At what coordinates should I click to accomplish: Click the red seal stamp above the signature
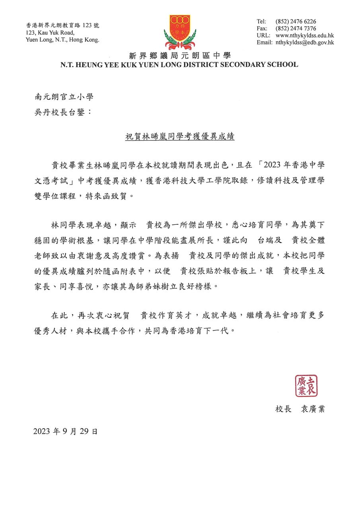click(306, 385)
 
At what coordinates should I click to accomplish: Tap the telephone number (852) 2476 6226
click(296, 21)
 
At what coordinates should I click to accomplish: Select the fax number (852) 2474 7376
click(296, 28)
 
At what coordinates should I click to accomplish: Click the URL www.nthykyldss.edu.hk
click(304, 35)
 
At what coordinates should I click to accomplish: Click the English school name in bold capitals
click(179, 64)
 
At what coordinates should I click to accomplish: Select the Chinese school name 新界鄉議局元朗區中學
click(180, 56)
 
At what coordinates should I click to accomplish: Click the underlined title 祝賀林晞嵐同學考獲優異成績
click(180, 136)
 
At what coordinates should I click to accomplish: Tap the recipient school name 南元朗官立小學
click(64, 97)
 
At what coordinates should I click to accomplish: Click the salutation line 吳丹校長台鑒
click(63, 112)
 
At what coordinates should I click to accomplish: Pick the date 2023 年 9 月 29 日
click(65, 431)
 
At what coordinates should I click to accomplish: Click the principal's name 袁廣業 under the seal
click(313, 409)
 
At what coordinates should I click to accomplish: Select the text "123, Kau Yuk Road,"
click(50, 33)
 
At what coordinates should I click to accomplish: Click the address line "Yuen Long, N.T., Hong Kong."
click(62, 39)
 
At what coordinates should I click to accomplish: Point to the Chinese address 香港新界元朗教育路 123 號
click(62, 25)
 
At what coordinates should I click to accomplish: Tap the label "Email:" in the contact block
click(265, 42)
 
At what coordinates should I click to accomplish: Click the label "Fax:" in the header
click(262, 28)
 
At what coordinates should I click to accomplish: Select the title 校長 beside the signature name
click(284, 409)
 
